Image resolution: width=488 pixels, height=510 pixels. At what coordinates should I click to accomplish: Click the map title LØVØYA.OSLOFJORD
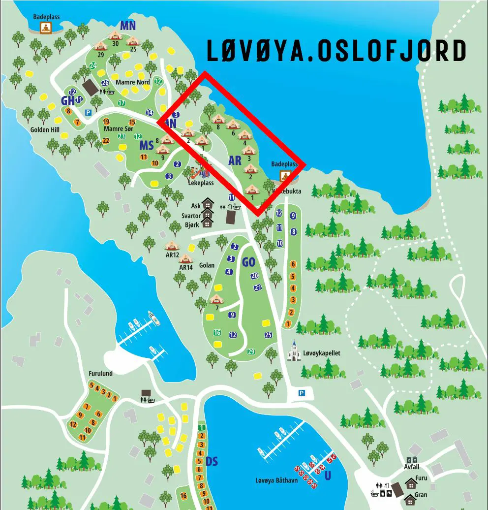(336, 51)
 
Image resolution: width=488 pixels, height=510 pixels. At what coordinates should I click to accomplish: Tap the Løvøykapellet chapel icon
(295, 351)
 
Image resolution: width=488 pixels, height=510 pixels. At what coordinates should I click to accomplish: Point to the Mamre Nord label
(133, 82)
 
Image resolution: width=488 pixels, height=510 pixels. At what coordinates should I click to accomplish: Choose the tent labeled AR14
(185, 258)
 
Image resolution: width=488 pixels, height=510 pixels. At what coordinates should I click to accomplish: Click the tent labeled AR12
(172, 246)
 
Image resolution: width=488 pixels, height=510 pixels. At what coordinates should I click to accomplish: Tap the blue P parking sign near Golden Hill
(89, 112)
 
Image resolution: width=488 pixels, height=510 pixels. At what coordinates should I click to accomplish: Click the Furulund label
(100, 374)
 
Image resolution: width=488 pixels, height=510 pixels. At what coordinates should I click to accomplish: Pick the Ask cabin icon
(208, 203)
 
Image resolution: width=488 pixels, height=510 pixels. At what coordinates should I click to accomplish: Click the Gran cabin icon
(410, 499)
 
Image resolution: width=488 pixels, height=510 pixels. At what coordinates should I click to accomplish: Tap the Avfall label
(412, 467)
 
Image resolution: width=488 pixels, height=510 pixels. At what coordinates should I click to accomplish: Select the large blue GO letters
(248, 262)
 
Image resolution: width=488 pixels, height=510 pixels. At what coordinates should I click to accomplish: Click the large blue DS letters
(212, 461)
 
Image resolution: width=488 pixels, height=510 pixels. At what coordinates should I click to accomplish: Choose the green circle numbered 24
(92, 65)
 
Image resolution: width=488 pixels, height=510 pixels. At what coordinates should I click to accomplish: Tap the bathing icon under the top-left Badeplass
(46, 28)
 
